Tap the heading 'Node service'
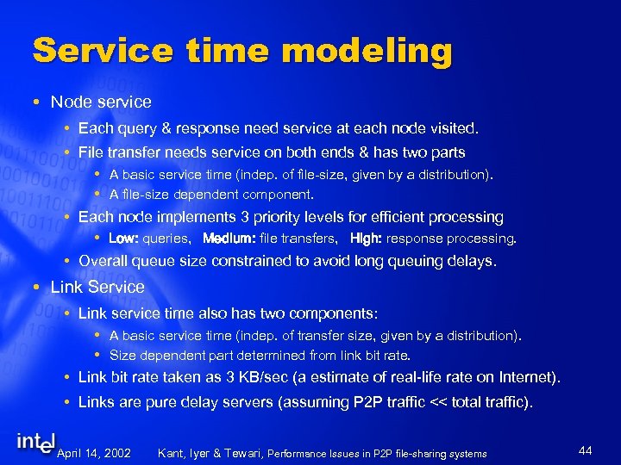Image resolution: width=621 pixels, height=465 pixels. point(101,102)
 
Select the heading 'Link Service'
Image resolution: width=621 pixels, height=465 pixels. point(97,287)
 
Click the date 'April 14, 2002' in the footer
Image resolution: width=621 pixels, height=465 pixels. point(93,453)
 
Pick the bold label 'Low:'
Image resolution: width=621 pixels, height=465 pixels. point(123,238)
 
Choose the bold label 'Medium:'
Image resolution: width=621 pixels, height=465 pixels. point(228,238)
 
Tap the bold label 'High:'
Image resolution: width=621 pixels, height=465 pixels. point(366,238)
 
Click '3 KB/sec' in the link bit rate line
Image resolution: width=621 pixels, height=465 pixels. point(261,377)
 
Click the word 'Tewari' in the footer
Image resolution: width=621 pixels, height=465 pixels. point(243,453)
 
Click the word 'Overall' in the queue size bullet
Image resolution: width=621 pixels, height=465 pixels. point(104,261)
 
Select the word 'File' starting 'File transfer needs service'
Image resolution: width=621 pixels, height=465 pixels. point(91,152)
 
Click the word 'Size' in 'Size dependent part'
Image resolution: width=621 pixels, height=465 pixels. point(122,355)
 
